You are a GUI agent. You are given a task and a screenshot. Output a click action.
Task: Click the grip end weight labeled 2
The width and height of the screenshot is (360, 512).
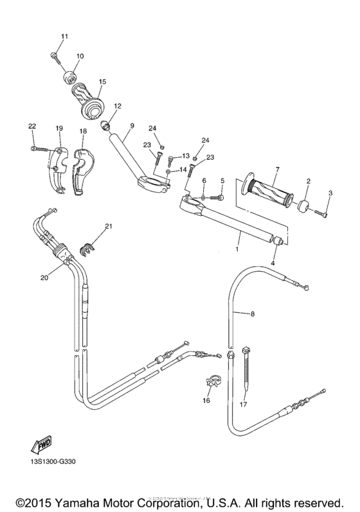point(301,207)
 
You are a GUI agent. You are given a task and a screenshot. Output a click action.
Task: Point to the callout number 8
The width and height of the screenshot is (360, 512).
point(253,314)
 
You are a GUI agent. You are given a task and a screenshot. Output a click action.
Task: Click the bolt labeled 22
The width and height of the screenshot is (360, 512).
point(38,148)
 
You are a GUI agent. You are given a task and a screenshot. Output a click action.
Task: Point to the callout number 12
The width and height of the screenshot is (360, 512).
point(118,105)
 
